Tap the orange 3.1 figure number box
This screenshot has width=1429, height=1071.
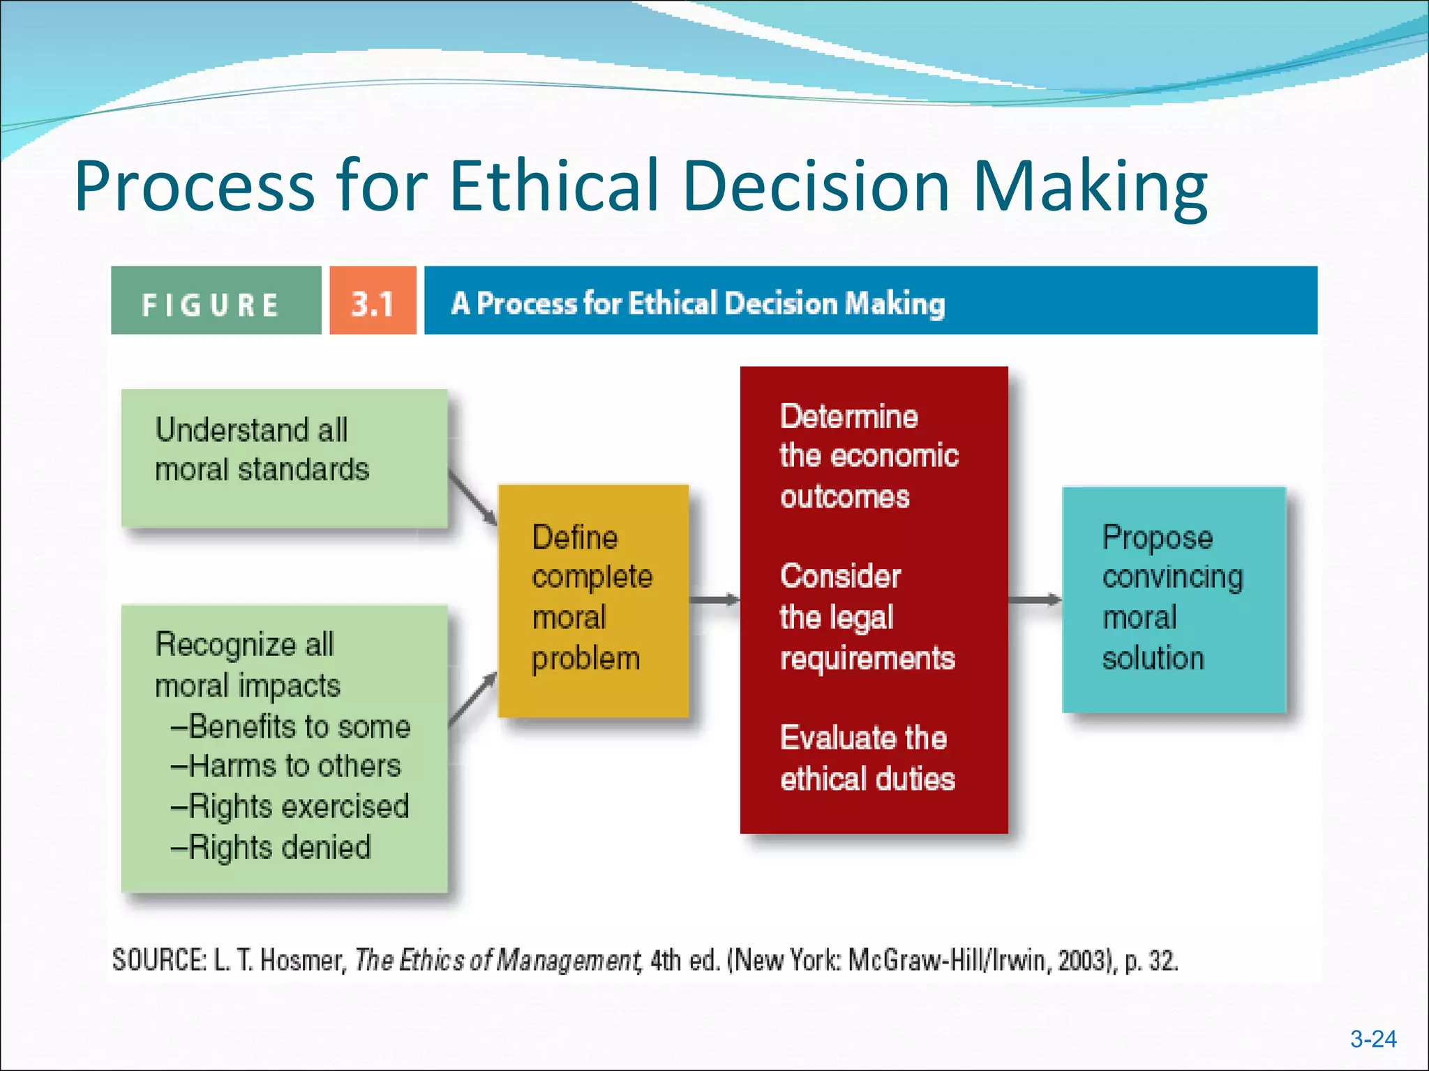(373, 301)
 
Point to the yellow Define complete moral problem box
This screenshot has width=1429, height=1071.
(593, 600)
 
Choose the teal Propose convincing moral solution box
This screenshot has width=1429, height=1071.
(1173, 600)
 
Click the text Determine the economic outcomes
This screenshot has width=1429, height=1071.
(869, 456)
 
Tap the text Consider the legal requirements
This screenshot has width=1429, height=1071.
(867, 617)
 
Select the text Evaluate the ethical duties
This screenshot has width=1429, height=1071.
(867, 758)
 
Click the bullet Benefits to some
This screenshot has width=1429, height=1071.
(291, 727)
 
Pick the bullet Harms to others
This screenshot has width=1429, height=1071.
(286, 766)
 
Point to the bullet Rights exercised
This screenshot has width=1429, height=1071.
(290, 807)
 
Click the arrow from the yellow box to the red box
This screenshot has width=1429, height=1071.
(714, 600)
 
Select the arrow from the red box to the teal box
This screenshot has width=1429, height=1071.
(1035, 600)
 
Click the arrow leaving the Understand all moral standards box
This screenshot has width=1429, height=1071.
(472, 498)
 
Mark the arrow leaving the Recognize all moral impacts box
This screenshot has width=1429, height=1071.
(472, 699)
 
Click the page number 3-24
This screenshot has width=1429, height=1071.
(1372, 1040)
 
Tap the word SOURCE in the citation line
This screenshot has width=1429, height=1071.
(159, 961)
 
